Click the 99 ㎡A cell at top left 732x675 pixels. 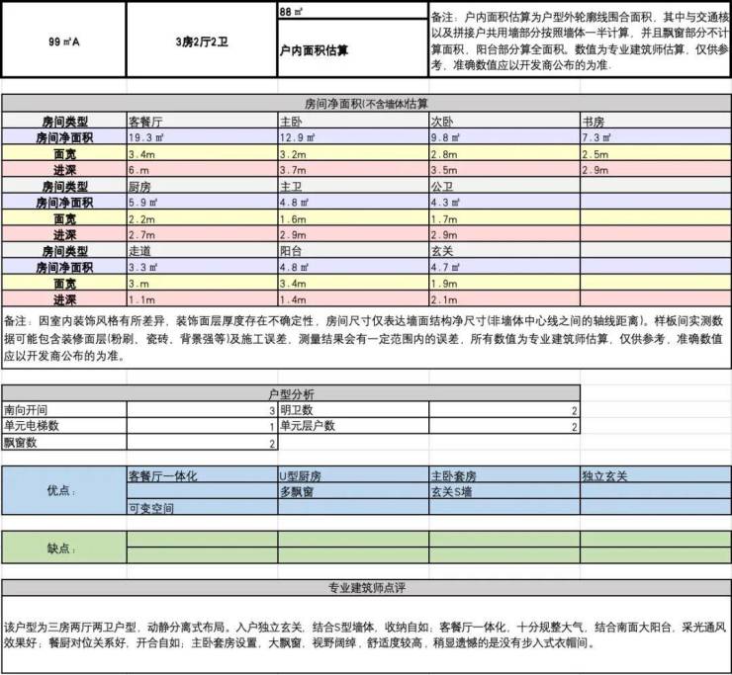tap(63, 42)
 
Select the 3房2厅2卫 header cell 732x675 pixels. tap(202, 42)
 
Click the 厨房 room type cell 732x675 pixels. tap(139, 186)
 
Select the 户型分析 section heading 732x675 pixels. tap(290, 393)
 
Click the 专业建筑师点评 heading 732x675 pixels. tap(366, 588)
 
